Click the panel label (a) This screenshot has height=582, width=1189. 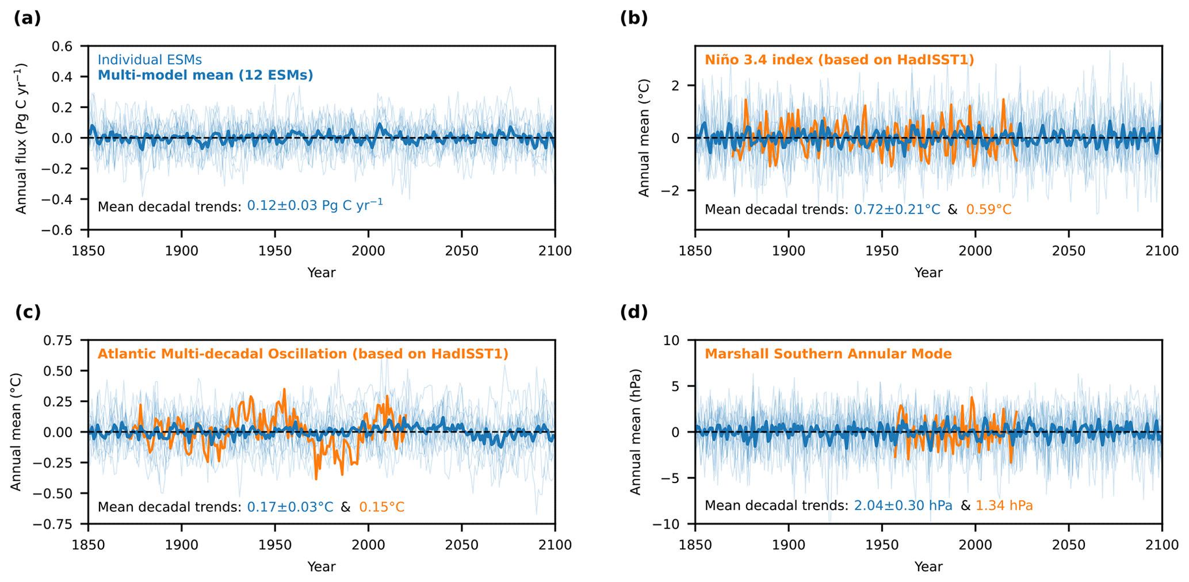[27, 18]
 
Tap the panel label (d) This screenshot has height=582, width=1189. [634, 312]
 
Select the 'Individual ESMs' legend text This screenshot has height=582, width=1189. [150, 60]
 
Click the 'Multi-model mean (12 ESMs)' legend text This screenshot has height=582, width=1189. [205, 75]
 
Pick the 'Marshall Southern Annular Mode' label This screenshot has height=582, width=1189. [828, 354]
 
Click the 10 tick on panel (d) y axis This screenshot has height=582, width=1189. [672, 340]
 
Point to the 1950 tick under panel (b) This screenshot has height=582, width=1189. [882, 251]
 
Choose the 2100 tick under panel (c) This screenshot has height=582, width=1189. [555, 545]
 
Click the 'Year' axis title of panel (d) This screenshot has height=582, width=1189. [928, 566]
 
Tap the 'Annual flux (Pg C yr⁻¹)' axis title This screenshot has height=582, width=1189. [21, 138]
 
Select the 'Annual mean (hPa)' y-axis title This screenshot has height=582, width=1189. [635, 432]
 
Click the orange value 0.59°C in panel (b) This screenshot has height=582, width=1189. [988, 210]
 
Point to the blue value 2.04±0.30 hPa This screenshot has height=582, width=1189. [903, 506]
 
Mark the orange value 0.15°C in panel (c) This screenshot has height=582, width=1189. [381, 507]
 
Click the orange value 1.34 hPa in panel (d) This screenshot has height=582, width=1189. [1004, 506]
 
